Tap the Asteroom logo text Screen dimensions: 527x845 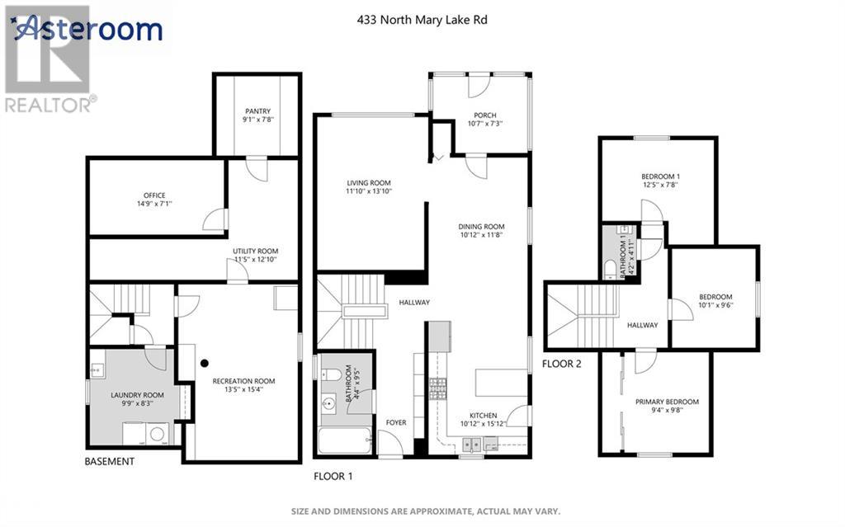point(89,30)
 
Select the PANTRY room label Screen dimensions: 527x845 point(257,111)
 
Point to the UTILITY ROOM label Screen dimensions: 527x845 point(255,251)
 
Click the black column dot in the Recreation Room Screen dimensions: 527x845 point(203,362)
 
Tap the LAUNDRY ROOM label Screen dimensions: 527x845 point(138,395)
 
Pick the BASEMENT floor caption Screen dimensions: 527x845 point(109,462)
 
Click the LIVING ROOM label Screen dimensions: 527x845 point(368,183)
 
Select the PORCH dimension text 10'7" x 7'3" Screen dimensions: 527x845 point(484,124)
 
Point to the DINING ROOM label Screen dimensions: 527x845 point(481,227)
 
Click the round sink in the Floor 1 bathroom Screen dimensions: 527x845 point(329,404)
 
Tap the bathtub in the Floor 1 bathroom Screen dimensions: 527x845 point(344,442)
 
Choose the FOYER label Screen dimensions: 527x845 point(396,423)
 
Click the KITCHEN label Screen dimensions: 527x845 point(483,415)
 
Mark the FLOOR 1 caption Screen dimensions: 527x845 point(333,476)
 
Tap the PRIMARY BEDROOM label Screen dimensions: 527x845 point(667,402)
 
